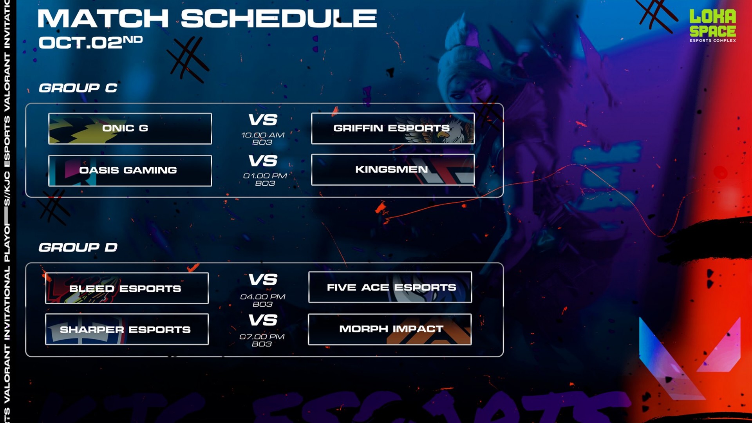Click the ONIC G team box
point(130,128)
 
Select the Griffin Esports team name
point(391,128)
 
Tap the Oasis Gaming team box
point(130,170)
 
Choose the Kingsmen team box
point(393,170)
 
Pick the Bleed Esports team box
point(127,288)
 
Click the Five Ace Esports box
point(390,287)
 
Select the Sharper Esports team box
point(127,329)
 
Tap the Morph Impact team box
point(390,329)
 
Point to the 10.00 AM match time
point(263,135)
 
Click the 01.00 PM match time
point(265,176)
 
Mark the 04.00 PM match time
point(263,297)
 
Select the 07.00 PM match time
point(262,337)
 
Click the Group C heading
point(78,88)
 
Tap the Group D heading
point(78,247)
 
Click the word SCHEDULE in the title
point(278,18)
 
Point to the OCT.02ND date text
point(90,42)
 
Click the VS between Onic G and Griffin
point(263,120)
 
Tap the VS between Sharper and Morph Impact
point(263,320)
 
